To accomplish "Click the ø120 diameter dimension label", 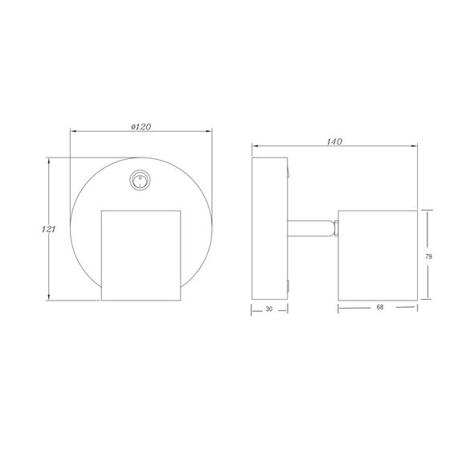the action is pos(141,127).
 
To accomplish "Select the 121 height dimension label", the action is pos(48,229).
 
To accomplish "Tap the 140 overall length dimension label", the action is pos(334,141).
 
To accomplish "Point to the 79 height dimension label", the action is pos(428,257).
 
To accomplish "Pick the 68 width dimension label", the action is pos(380,307).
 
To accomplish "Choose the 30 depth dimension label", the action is pos(269,309).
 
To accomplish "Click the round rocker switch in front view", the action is pos(140,180).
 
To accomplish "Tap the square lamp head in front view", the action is pos(141,256).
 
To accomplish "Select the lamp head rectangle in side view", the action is pos(378,256).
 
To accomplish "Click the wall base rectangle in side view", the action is pos(270,228).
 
